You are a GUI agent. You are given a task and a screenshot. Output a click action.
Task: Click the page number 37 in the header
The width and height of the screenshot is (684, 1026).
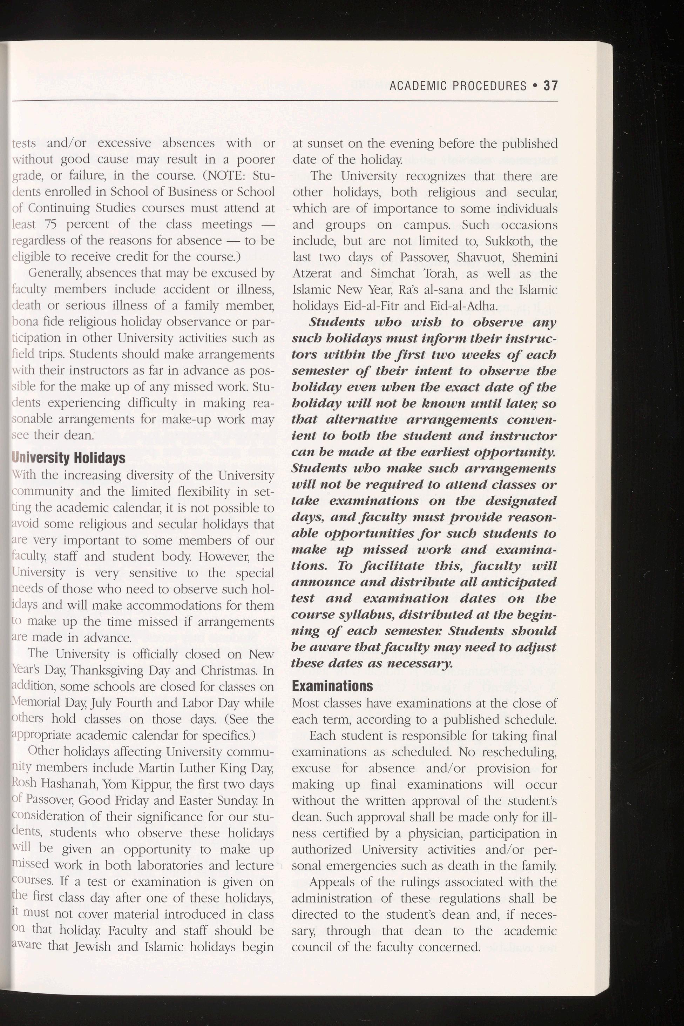pos(550,86)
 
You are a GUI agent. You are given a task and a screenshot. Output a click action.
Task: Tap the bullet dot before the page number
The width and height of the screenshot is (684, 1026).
pos(535,86)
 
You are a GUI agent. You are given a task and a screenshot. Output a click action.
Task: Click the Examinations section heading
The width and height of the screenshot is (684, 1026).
pos(332,686)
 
